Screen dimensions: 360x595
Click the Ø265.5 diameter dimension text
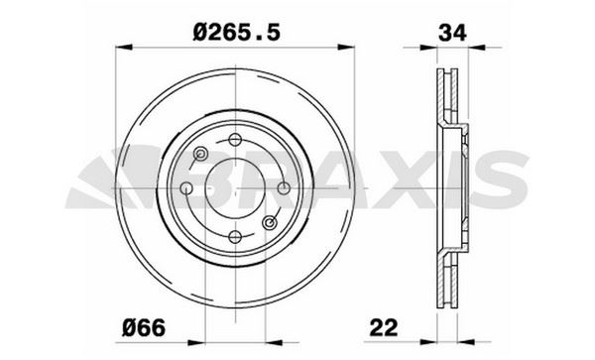coord(238,33)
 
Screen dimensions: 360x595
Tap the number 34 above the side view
coord(451,33)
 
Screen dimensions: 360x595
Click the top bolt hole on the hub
coord(235,140)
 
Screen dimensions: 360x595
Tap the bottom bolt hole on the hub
coord(235,236)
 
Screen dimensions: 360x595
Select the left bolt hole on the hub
coord(186,188)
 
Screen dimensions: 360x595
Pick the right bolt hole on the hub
coord(284,188)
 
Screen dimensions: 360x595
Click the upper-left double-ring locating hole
coord(201,154)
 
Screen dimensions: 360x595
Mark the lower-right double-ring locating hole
coord(269,222)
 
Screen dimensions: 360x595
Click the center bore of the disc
coord(235,188)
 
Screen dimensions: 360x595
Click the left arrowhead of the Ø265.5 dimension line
coord(122,46)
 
